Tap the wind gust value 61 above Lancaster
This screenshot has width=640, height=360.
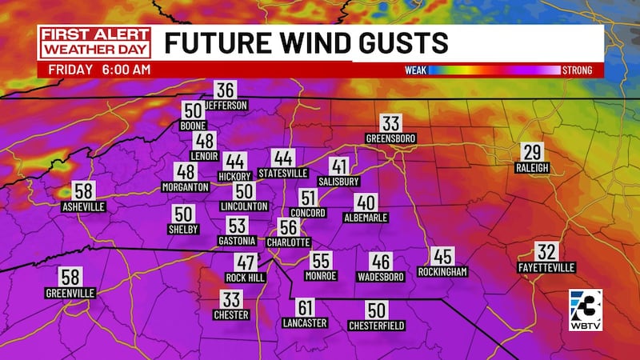tap(305, 308)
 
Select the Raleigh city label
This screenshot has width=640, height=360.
tap(532, 168)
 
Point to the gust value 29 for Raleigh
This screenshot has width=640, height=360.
tap(532, 153)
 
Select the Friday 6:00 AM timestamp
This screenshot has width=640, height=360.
tap(98, 70)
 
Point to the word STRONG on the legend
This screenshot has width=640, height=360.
tap(576, 70)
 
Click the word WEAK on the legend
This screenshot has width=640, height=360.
tap(415, 70)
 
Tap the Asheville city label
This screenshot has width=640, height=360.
tap(83, 206)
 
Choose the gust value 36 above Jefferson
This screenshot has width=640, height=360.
tap(226, 90)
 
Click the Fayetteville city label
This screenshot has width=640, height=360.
tap(546, 266)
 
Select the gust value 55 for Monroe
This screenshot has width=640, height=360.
tap(321, 261)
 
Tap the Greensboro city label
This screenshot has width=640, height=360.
tap(390, 138)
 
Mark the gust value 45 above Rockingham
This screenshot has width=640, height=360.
tap(442, 257)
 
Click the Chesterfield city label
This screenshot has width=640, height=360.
tap(377, 326)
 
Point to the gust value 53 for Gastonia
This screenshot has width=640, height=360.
tap(237, 226)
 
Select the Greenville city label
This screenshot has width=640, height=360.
tap(70, 294)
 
